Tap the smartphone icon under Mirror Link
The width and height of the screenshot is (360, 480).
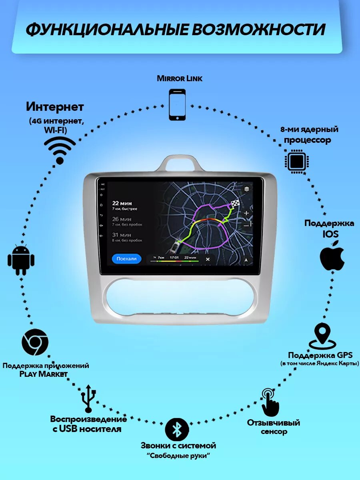(177, 105)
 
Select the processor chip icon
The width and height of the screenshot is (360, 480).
(296, 162)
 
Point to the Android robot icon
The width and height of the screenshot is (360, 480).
(21, 260)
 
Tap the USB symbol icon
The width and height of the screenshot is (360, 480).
(88, 398)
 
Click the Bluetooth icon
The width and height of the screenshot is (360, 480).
(177, 429)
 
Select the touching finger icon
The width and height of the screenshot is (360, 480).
(270, 402)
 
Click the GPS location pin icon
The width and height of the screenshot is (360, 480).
(322, 336)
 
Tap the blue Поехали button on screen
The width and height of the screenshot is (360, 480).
(126, 259)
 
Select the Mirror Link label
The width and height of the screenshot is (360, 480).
(180, 78)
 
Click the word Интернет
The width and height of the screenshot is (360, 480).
(55, 107)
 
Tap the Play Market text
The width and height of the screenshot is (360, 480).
(44, 374)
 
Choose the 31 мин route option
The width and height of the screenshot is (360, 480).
(121, 235)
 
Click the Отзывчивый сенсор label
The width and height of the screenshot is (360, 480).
(274, 427)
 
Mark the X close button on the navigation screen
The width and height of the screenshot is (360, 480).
(208, 259)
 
